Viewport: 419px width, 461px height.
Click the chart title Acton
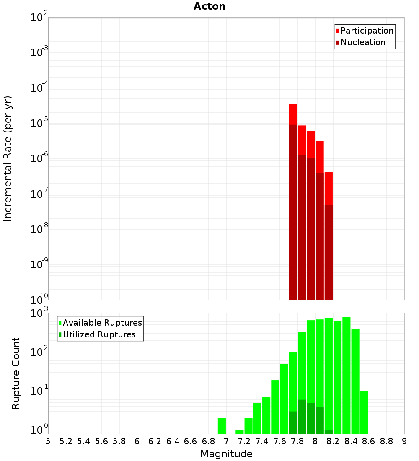pyautogui.click(x=209, y=6)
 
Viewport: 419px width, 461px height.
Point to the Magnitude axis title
pyautogui.click(x=226, y=454)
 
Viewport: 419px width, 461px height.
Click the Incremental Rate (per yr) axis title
pyautogui.click(x=8, y=158)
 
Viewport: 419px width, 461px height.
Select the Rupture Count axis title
pyautogui.click(x=16, y=373)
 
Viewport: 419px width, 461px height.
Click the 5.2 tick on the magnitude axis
pyautogui.click(x=66, y=441)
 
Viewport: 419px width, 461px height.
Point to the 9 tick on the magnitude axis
pyautogui.click(x=404, y=441)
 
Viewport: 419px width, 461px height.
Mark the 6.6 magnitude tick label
pyautogui.click(x=191, y=441)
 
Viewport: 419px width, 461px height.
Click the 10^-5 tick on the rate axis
pyautogui.click(x=39, y=123)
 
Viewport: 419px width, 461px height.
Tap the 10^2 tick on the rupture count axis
pyautogui.click(x=39, y=352)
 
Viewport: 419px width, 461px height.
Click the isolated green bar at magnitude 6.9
pyautogui.click(x=222, y=426)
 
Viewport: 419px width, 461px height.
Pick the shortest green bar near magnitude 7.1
pyautogui.click(x=240, y=432)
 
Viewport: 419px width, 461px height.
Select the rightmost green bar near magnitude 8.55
pyautogui.click(x=364, y=412)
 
